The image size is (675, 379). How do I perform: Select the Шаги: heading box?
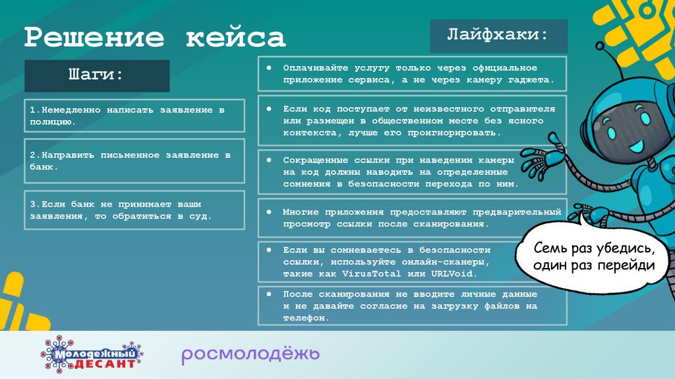tap(96, 75)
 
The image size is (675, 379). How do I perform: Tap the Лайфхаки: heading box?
tap(498, 36)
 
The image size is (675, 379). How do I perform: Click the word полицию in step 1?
tap(53, 122)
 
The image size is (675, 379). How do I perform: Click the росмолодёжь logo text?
tap(250, 355)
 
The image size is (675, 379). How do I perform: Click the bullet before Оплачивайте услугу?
tap(270, 68)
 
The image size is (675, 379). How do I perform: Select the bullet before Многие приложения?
tap(270, 213)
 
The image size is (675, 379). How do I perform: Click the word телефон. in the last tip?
tap(306, 318)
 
